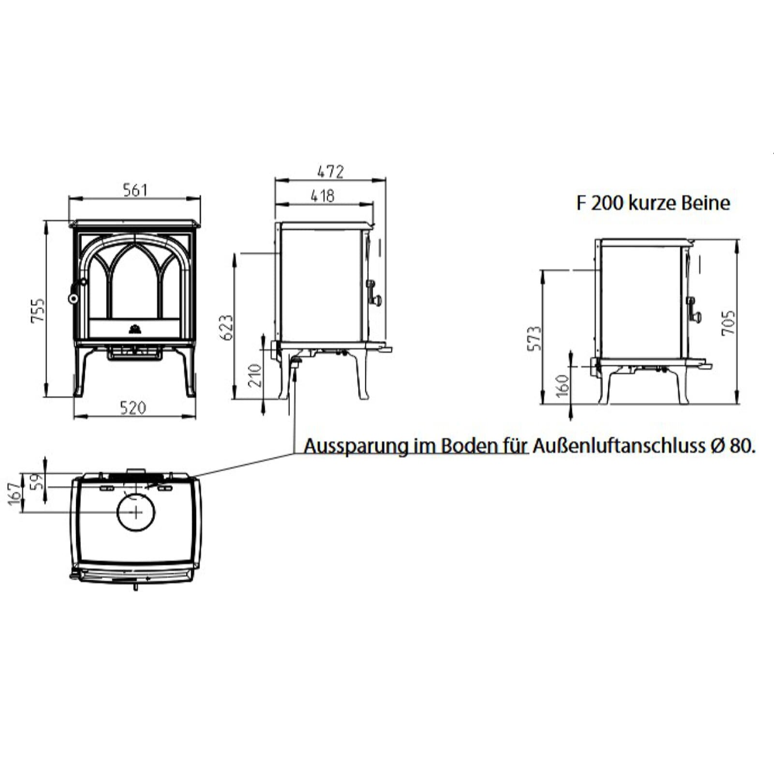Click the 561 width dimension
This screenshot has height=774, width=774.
[x=134, y=190]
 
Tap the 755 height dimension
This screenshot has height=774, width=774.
[x=38, y=310]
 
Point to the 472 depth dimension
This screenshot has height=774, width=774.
[x=330, y=171]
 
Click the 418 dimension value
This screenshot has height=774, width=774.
[x=322, y=196]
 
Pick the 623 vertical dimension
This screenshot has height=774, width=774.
[x=226, y=327]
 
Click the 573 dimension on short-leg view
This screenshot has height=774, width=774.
[x=534, y=338]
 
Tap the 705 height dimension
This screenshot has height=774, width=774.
[x=729, y=323]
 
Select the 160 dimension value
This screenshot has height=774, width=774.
[x=562, y=386]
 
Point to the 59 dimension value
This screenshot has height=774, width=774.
[x=37, y=481]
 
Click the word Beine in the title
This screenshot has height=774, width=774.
[x=705, y=203]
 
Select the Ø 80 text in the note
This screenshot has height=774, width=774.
[x=732, y=446]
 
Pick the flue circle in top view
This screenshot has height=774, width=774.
[x=136, y=512]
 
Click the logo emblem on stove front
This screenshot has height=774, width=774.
[x=133, y=329]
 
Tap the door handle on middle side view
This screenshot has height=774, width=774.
[x=374, y=294]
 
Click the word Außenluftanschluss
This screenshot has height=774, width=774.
[x=619, y=446]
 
